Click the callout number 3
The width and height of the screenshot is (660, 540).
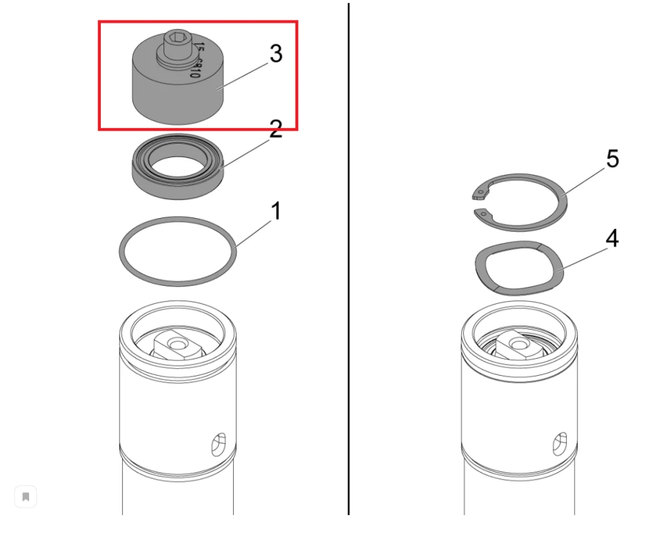(275, 54)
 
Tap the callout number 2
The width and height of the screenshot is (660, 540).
(275, 129)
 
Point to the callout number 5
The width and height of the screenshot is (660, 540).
(611, 160)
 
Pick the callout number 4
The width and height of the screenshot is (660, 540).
(611, 240)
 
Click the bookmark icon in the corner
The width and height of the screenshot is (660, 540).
(26, 497)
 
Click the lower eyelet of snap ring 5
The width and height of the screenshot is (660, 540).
(483, 212)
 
